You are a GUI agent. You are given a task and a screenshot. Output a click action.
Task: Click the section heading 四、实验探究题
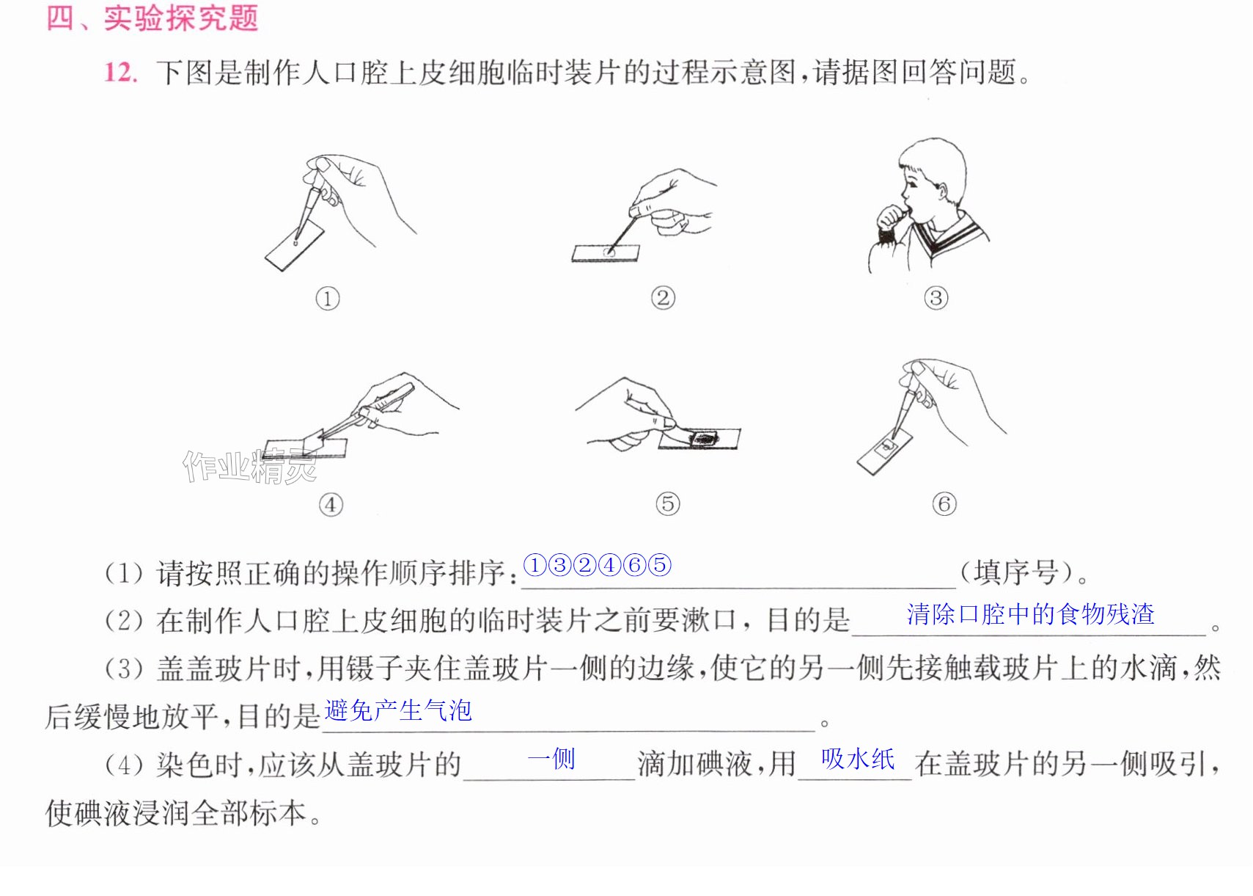tap(153, 18)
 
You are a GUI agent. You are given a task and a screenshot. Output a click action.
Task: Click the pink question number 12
tap(120, 73)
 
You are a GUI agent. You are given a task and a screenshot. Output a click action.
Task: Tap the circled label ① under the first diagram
tap(328, 299)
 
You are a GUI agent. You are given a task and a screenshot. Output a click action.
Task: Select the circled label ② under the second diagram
tap(663, 297)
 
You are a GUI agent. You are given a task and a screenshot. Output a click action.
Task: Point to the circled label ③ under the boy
tap(936, 297)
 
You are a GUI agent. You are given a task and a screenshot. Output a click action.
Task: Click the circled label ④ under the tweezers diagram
tap(331, 505)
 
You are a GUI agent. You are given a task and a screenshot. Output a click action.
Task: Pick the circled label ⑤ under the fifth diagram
tap(668, 503)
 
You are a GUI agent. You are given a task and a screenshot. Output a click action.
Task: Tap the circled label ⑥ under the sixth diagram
tap(944, 503)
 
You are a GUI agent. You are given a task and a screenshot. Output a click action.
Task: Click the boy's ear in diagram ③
tap(942, 192)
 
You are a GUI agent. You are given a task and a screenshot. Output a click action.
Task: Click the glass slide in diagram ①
tap(295, 246)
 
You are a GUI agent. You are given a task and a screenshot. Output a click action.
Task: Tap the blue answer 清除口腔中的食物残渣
tap(1030, 614)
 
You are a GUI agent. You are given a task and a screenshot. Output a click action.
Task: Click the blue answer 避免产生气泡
tap(398, 710)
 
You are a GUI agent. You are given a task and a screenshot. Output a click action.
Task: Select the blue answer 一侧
tap(551, 759)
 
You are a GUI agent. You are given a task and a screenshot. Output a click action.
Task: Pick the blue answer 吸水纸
tap(858, 759)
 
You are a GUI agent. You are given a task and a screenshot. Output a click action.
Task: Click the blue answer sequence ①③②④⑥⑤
tap(597, 565)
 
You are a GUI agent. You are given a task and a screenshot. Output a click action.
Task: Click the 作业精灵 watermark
tap(250, 467)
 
